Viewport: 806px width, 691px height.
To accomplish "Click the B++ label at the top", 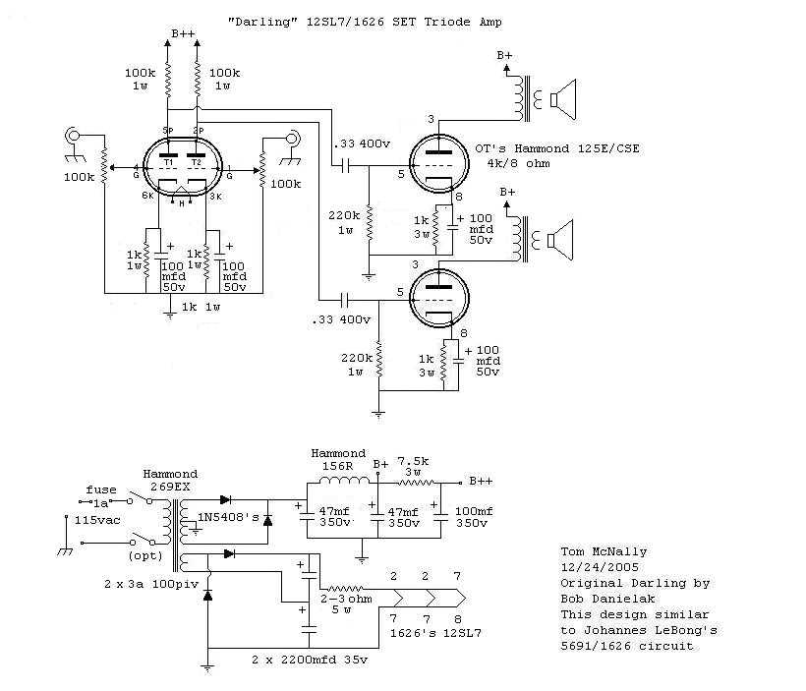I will (x=184, y=34).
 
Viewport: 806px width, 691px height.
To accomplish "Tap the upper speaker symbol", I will (x=563, y=98).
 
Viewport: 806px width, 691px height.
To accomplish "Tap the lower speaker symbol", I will (x=563, y=237).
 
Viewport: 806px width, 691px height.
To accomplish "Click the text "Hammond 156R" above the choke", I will (x=338, y=460).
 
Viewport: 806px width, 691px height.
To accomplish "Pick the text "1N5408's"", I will (x=229, y=517).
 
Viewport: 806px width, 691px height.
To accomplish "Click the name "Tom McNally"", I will (x=603, y=552).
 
